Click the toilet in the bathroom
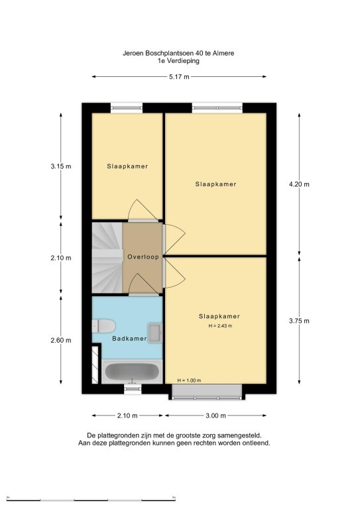tap(103, 326)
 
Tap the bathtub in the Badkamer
tap(132, 372)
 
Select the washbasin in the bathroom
tap(155, 333)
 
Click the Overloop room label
tap(143, 256)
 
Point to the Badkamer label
tap(129, 338)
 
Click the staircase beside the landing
tap(107, 258)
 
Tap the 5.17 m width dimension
tap(179, 77)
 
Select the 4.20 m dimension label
tap(299, 184)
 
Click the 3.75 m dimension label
tap(299, 321)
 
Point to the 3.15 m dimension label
tap(61, 166)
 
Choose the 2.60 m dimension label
tap(61, 340)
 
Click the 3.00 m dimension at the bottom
tap(216, 416)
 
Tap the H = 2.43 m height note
tap(220, 326)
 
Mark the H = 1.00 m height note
tap(189, 380)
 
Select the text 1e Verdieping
tap(178, 61)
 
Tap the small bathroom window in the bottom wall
tap(133, 388)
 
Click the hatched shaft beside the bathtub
tap(95, 365)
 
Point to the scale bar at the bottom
tap(91, 498)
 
